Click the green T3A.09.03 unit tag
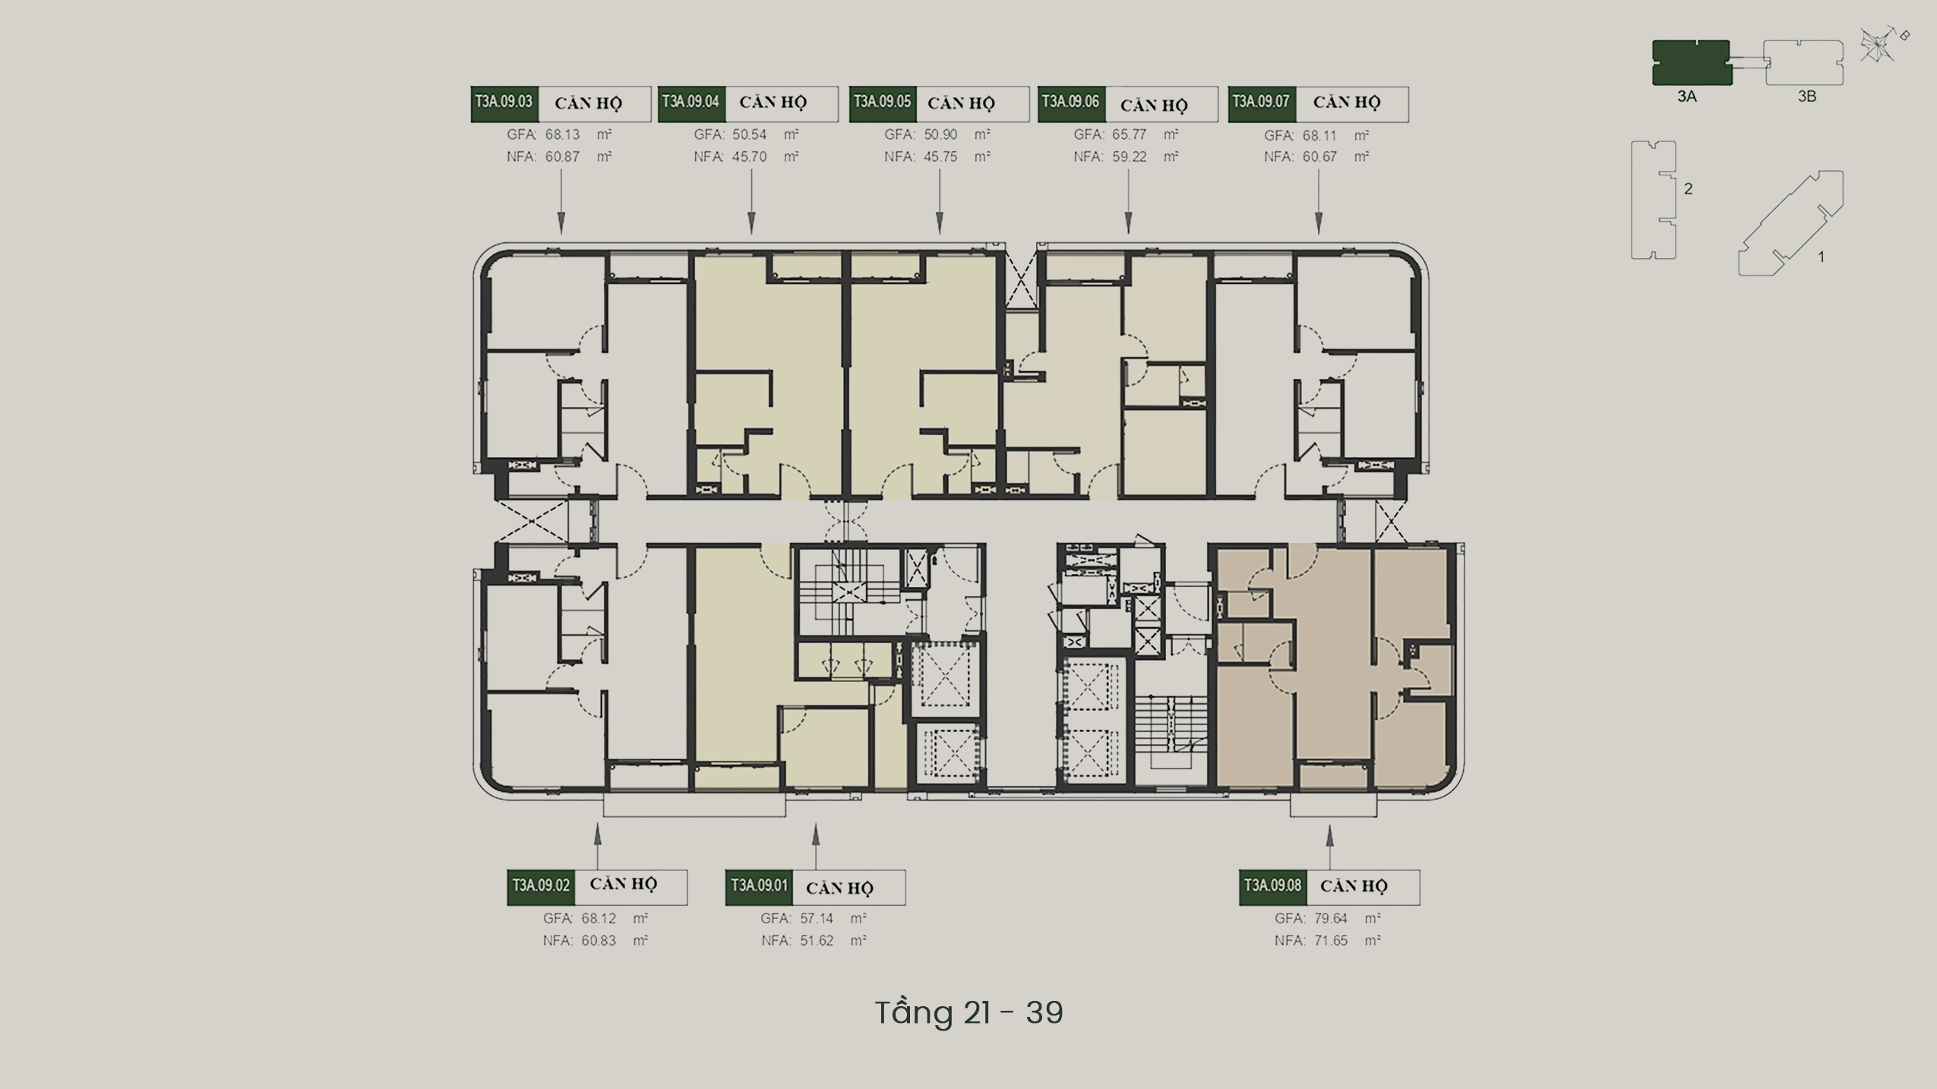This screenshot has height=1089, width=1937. point(504,104)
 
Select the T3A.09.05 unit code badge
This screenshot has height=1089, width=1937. point(883,104)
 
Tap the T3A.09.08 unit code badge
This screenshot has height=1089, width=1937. point(1273,887)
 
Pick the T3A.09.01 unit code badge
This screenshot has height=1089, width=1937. point(759,887)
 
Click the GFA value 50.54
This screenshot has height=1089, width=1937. point(750,134)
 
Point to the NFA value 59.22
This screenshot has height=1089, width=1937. point(1130,156)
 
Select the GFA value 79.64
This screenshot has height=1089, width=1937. point(1331,918)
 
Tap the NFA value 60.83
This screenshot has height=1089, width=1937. point(599,940)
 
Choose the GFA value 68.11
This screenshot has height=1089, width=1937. point(1319,135)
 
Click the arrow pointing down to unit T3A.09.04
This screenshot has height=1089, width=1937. point(751,201)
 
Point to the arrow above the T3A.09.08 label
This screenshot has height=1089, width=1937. point(1329,848)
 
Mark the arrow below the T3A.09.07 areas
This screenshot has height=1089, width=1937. point(1318,201)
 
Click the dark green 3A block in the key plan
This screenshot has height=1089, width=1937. point(1692,62)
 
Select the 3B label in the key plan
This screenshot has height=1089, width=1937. point(1807,96)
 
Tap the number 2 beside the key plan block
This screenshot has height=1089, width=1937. point(1688,188)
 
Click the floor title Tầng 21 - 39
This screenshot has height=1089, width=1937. point(968,1012)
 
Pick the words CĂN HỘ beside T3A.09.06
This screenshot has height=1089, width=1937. point(1153,105)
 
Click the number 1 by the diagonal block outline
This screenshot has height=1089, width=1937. point(1821,257)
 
